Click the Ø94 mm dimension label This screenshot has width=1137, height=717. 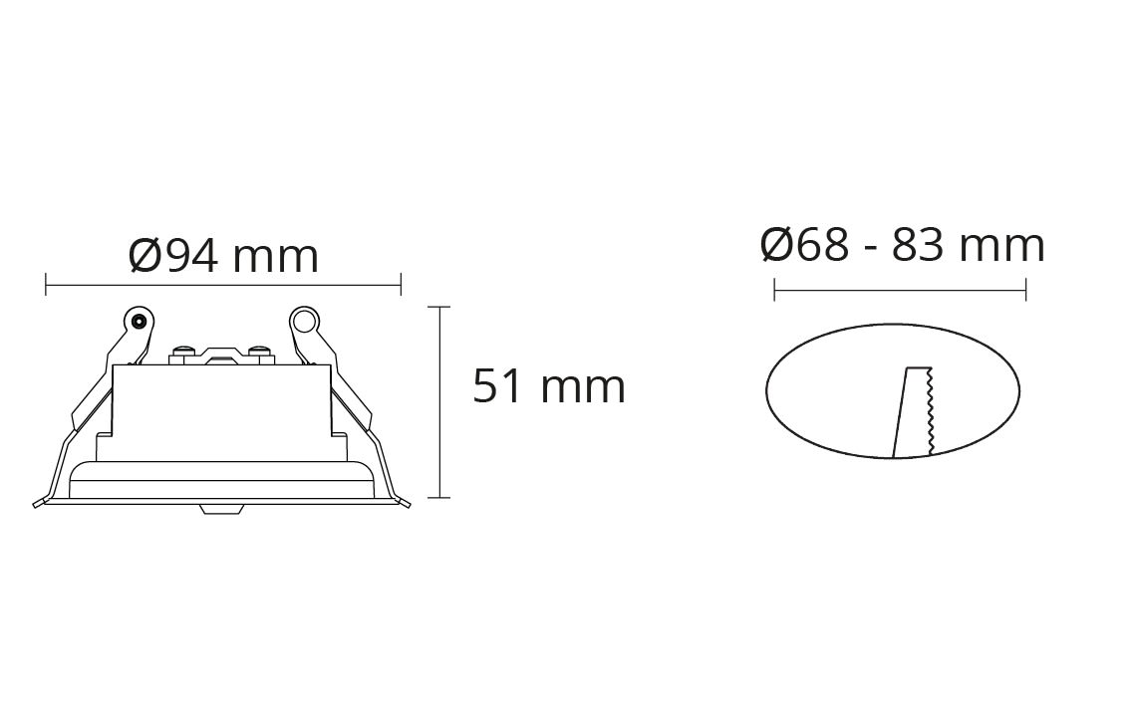coord(223,256)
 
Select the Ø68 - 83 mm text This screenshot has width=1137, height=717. coord(903,245)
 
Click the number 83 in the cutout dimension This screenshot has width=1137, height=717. coord(918,245)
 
